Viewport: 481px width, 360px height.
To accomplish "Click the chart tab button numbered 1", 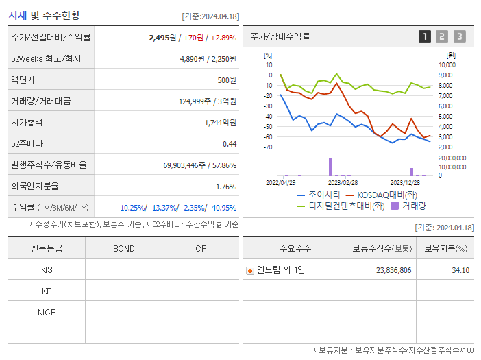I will coord(425,36).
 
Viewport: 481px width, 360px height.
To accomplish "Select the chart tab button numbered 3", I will coord(459,36).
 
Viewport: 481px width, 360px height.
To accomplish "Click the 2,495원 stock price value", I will coord(162,38).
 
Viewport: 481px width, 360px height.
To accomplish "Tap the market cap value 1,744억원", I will coord(220,123).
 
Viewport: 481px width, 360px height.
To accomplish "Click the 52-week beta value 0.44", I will coord(230,144).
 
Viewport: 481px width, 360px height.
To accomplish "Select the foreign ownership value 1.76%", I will coord(225,187).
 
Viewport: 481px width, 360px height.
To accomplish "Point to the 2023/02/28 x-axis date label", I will coord(343,183).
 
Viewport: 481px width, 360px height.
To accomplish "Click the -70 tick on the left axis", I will coord(268,147).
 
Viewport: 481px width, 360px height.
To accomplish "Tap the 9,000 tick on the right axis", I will coord(445,75).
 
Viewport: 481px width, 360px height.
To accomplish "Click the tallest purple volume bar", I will coord(330,167).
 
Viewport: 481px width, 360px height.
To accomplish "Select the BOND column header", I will coord(123,248).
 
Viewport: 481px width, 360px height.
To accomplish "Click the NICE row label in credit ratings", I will coord(47,313).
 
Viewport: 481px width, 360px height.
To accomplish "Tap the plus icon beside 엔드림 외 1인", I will coord(250,270).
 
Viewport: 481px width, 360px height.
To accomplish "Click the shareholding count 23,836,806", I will coord(394,270).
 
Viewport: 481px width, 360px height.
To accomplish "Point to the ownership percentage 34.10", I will coord(460,270).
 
